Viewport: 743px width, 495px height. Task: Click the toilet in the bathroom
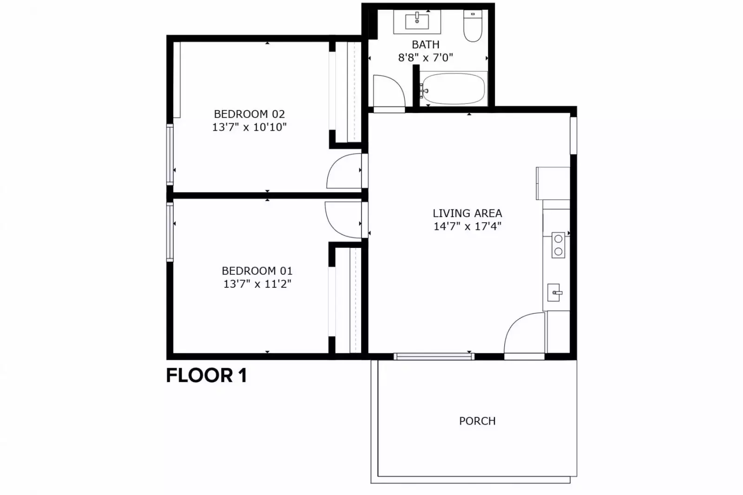pos(473,26)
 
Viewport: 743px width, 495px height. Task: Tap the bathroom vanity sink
pos(417,21)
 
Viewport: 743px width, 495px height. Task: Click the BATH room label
pos(425,45)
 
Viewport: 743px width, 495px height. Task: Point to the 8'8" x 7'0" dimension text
pos(425,58)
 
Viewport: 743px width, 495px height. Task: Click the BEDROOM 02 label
pos(249,114)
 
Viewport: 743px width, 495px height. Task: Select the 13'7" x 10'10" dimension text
pos(249,127)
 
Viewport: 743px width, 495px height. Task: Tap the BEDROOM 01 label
pos(257,271)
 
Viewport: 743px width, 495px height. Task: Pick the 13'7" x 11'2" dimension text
pos(257,284)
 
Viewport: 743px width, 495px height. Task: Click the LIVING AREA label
pos(467,213)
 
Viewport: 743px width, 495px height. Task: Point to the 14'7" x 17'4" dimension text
pos(467,226)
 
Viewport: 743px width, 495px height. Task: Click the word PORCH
pos(477,421)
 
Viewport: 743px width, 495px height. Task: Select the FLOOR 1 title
pos(206,375)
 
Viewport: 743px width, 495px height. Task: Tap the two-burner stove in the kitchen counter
pos(558,245)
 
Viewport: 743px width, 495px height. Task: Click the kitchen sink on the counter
pos(554,293)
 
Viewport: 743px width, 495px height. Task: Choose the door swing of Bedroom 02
pos(344,171)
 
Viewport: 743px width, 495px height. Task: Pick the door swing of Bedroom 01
pos(343,220)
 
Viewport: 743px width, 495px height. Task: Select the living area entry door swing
pos(525,333)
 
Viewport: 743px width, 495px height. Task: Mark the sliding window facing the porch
pos(434,357)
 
